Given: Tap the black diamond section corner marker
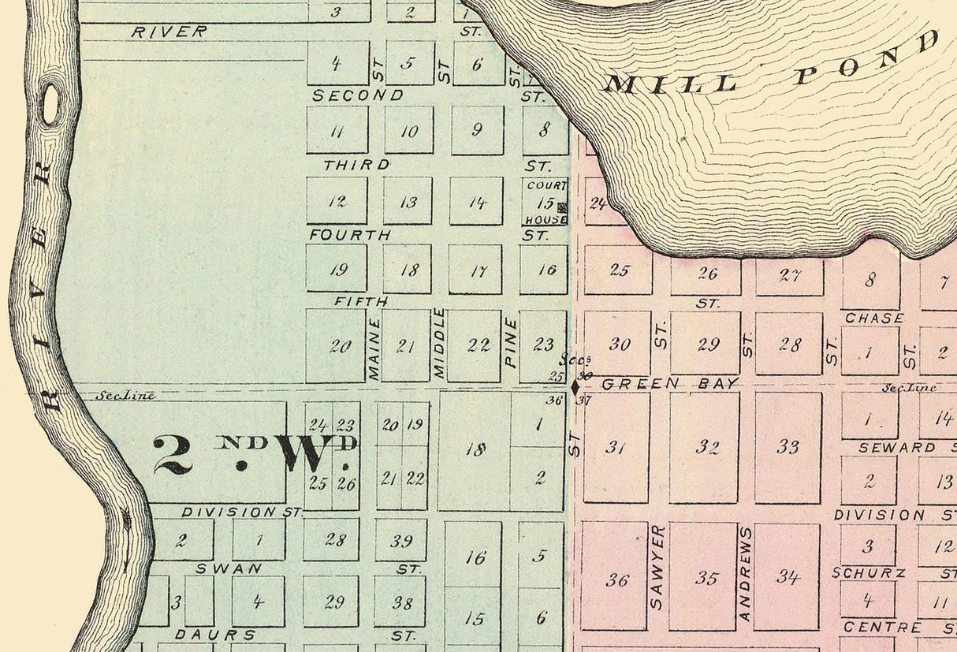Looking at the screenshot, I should pos(575,388).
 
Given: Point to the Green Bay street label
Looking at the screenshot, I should pos(670,384).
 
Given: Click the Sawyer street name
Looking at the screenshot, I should pos(658,566).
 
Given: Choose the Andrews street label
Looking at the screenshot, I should pos(745,574).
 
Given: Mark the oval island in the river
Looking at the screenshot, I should pos(51,105).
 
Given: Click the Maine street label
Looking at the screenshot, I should pos(374,348).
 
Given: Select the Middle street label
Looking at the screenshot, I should pos(439,343).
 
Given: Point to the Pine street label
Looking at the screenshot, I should pos(510,344).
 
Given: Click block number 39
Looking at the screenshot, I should pos(402,540).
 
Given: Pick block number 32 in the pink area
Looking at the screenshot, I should pos(707,448).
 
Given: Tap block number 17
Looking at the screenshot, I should pos(478,271).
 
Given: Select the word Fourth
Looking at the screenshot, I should pos(349,235).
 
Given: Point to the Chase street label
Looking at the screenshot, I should pos(874,318).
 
